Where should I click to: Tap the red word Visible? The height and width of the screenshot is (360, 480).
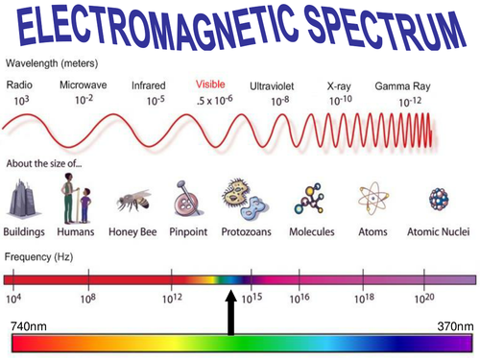tap(210, 84)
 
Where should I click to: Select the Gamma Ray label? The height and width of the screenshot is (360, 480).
tap(400, 84)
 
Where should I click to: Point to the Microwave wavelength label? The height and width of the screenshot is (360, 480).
tap(83, 84)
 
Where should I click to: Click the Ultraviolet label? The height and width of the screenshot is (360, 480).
tap(275, 84)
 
